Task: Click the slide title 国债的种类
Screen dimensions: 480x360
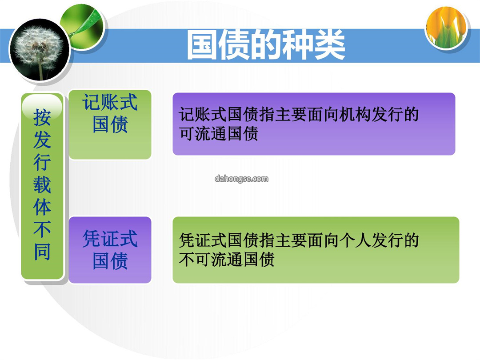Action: [x=266, y=45]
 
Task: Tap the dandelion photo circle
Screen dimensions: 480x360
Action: [x=39, y=50]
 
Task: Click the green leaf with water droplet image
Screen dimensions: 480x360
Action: [x=83, y=27]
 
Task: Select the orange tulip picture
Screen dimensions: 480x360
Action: [x=447, y=28]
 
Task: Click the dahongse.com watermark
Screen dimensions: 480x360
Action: [x=241, y=179]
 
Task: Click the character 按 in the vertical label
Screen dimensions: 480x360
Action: [x=42, y=118]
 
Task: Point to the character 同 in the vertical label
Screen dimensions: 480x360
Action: [x=42, y=252]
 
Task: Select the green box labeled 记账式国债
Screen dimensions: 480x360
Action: [x=110, y=124]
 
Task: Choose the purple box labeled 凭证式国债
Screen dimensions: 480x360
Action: [x=110, y=250]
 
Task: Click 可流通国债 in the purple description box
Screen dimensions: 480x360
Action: [x=219, y=133]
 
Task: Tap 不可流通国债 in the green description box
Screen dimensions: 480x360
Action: [x=227, y=259]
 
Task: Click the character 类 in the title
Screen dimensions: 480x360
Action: [x=330, y=45]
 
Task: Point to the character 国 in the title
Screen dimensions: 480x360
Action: [x=202, y=45]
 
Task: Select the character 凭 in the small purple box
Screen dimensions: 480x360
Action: [x=91, y=239]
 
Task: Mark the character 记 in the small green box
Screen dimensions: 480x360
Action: [x=91, y=102]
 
